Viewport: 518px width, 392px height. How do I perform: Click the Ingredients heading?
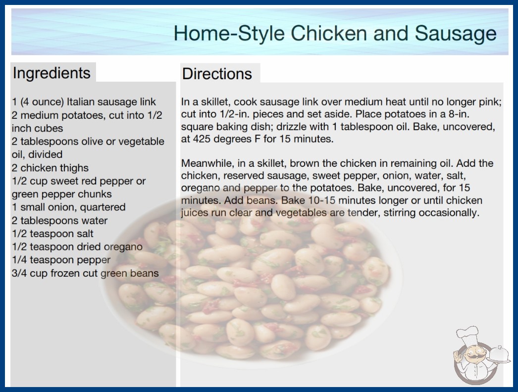point(52,73)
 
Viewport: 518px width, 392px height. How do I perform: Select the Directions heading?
point(217,74)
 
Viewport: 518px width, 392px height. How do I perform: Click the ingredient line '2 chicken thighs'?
point(50,168)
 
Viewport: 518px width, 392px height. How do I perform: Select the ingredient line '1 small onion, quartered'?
point(69,207)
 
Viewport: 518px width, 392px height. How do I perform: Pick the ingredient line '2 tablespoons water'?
point(60,221)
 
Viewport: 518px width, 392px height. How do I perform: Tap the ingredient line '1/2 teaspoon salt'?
point(52,234)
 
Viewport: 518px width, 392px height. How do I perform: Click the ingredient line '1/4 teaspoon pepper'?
point(61,260)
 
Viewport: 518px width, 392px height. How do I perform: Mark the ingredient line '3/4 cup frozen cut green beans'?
point(85,273)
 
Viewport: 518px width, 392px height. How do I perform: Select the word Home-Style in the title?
point(229,34)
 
